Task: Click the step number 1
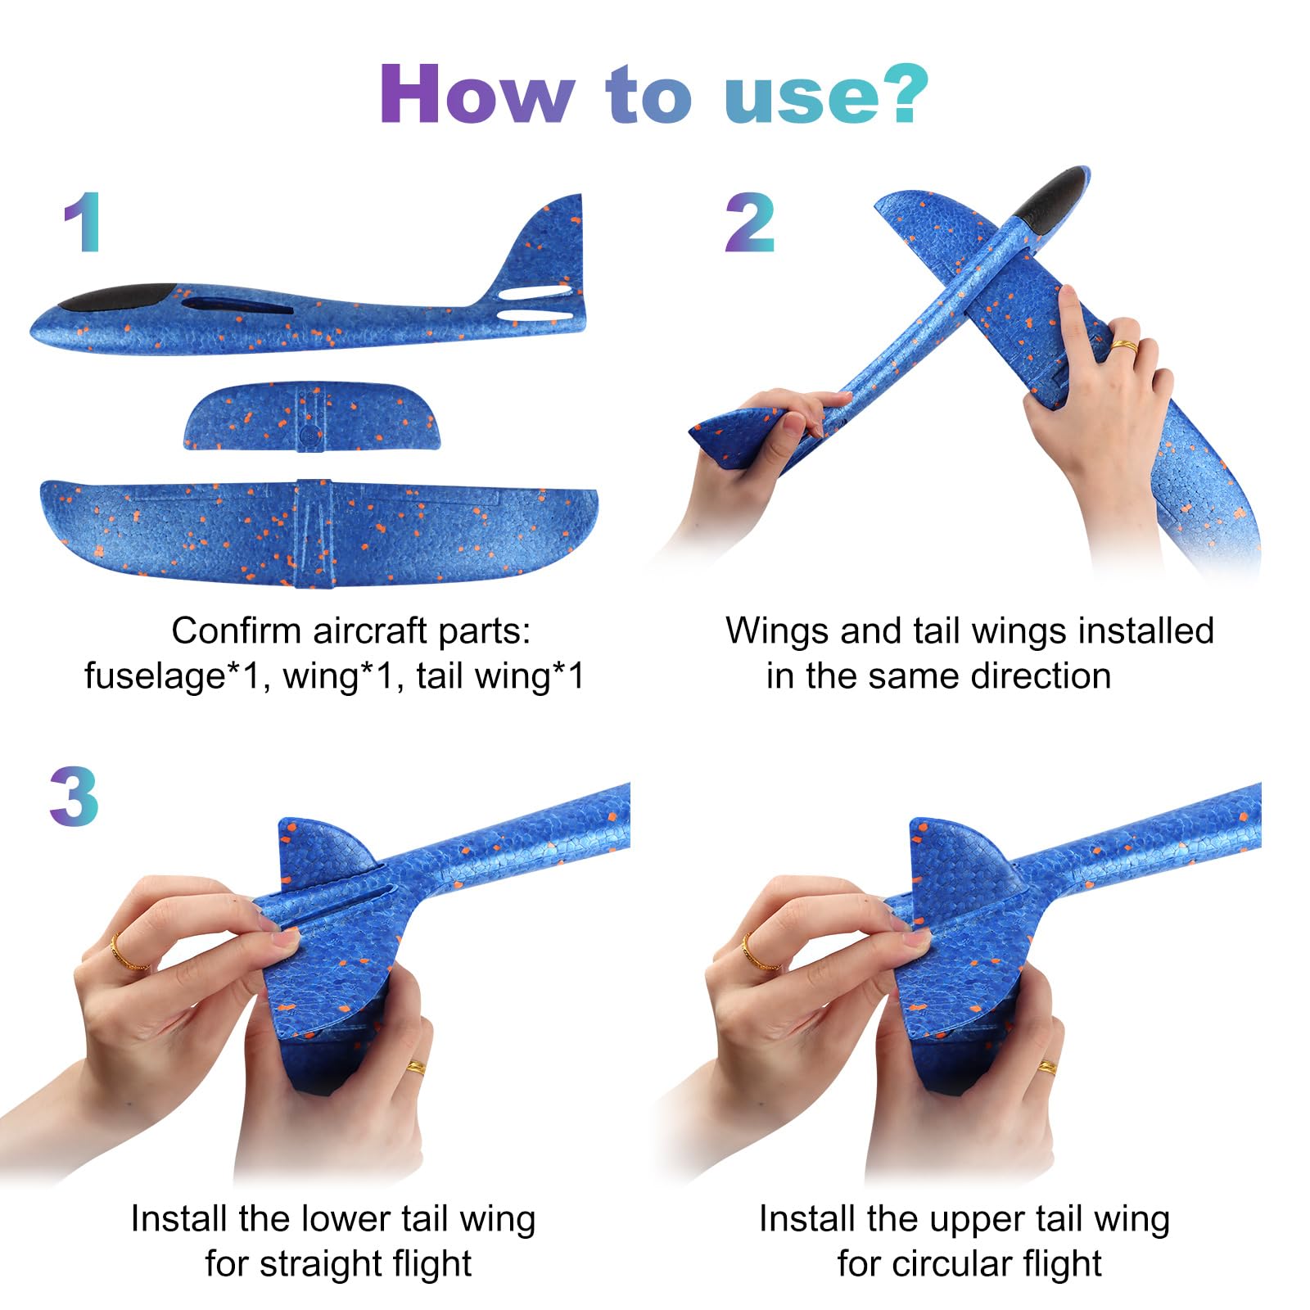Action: click(83, 222)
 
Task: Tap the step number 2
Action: click(749, 222)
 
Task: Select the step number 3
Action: click(75, 797)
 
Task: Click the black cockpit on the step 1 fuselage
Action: click(120, 297)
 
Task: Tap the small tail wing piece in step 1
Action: click(312, 416)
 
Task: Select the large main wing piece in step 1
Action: click(318, 533)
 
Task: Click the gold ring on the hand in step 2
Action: click(1124, 346)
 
